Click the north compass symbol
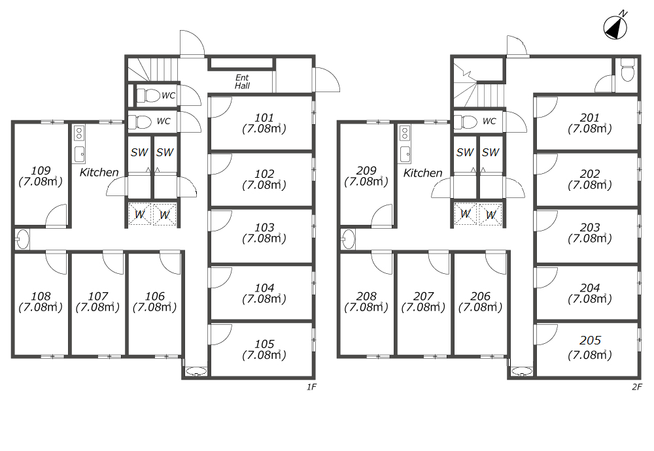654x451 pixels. (x=615, y=27)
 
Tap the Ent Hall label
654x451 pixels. (x=242, y=82)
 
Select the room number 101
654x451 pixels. (x=264, y=118)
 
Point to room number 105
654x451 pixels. (x=264, y=344)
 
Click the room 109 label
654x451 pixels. (x=41, y=171)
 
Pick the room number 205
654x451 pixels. (x=590, y=341)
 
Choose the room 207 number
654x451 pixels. (x=423, y=296)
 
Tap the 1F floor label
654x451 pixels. (x=311, y=387)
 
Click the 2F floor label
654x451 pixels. (x=637, y=387)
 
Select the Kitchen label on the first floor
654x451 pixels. (x=99, y=172)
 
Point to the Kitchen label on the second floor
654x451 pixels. (x=423, y=173)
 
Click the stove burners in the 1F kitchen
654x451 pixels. (x=79, y=133)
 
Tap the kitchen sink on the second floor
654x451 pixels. (x=405, y=154)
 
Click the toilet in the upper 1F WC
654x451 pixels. (x=148, y=95)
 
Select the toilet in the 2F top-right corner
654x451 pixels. (x=628, y=69)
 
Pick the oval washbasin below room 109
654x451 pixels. (x=22, y=239)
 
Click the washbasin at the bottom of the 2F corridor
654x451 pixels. (x=522, y=371)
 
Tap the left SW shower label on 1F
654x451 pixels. (x=139, y=152)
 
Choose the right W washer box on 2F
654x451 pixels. (x=490, y=214)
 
